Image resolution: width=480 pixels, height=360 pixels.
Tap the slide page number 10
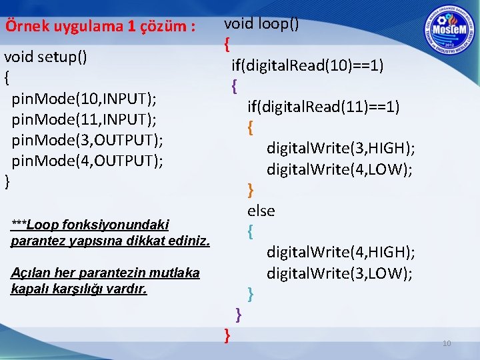[447, 343]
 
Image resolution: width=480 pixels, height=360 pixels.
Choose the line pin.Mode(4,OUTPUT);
[87, 161]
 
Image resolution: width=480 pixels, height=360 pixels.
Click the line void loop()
[261, 24]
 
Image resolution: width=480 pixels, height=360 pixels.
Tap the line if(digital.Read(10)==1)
[307, 65]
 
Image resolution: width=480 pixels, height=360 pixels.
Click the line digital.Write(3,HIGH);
[341, 148]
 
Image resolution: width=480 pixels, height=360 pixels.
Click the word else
[261, 211]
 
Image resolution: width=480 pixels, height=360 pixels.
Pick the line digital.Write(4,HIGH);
[341, 252]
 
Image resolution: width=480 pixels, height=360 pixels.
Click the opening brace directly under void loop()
[227, 45]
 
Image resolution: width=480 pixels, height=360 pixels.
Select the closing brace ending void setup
[7, 181]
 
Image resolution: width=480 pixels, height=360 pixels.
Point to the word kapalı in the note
[28, 289]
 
